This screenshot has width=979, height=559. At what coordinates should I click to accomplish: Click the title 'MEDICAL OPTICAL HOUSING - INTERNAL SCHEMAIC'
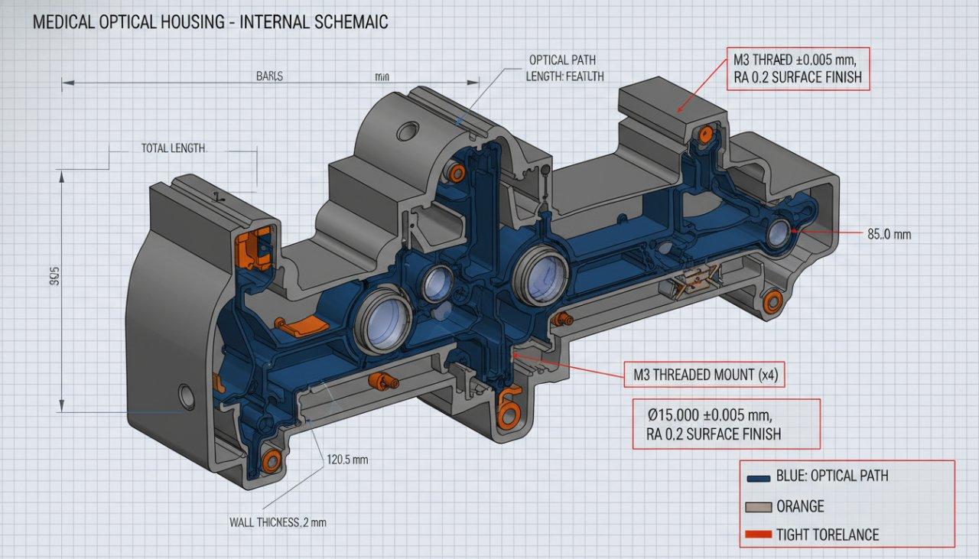210,22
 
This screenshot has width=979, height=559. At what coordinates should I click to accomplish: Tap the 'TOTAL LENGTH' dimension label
173,148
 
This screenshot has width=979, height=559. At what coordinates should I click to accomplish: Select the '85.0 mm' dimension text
889,235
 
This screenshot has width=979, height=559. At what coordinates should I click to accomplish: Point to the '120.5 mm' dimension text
347,460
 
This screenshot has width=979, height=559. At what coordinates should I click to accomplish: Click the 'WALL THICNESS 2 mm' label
278,522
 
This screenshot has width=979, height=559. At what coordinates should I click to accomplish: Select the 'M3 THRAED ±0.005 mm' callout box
798,68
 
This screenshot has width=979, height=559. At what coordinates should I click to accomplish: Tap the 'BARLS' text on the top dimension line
269,76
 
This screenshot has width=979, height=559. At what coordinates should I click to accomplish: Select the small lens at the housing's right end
779,232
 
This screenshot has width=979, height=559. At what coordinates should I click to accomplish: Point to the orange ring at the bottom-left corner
272,460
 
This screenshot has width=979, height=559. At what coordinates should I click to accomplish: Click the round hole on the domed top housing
408,132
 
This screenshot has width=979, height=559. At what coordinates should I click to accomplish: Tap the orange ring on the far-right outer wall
772,301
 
